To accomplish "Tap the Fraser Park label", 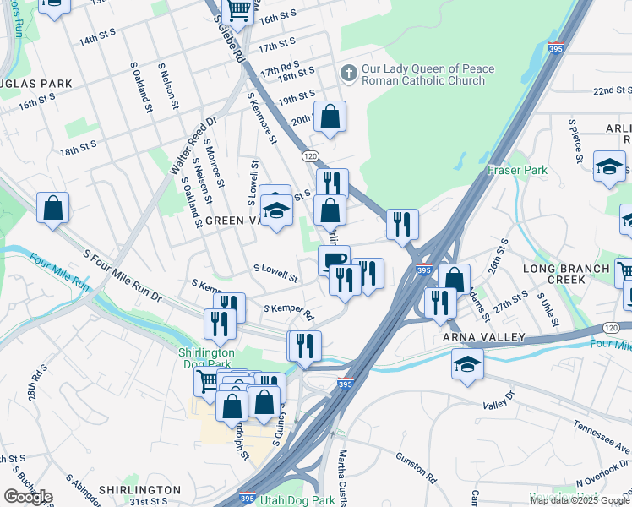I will click(x=517, y=170).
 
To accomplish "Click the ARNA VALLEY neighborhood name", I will click(x=479, y=337).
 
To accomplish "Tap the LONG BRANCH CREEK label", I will click(x=565, y=274).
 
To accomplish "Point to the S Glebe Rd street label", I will click(x=230, y=38).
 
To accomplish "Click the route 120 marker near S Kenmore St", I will click(x=309, y=156).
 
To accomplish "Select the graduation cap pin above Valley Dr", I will click(x=467, y=365).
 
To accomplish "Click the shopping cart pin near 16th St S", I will click(x=239, y=10).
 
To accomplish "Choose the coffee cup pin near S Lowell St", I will click(x=334, y=259).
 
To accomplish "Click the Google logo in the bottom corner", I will click(x=28, y=497).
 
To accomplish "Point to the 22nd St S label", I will click(x=613, y=90).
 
